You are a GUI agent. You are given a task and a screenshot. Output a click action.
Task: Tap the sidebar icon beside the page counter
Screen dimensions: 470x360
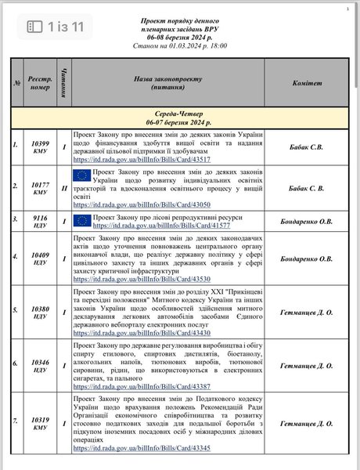(34, 27)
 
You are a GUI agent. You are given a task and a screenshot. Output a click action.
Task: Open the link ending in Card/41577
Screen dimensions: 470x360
(155, 224)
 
